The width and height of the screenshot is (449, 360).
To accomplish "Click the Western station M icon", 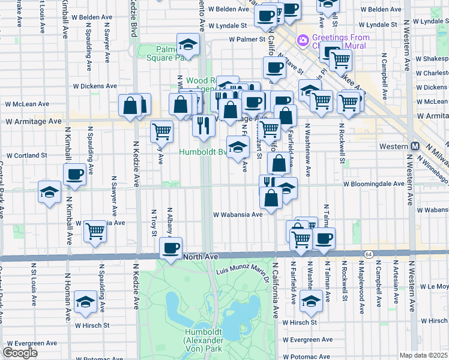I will pyautogui.click(x=415, y=147).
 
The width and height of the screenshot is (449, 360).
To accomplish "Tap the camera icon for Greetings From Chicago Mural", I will pyautogui.click(x=303, y=41).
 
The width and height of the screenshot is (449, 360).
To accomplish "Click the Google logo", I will pyautogui.click(x=20, y=353).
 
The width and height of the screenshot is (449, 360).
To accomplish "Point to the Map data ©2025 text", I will pyautogui.click(x=423, y=355).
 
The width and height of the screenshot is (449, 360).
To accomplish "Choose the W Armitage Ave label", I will pyautogui.click(x=34, y=121).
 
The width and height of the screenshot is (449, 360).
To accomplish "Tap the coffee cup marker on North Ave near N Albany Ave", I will pyautogui.click(x=170, y=247).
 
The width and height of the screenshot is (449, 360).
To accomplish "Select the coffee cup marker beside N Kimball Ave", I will pyautogui.click(x=74, y=175).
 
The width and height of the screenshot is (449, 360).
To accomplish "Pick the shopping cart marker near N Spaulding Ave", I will pyautogui.click(x=95, y=230).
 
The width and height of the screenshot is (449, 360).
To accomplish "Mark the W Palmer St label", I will pyautogui.click(x=247, y=40).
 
